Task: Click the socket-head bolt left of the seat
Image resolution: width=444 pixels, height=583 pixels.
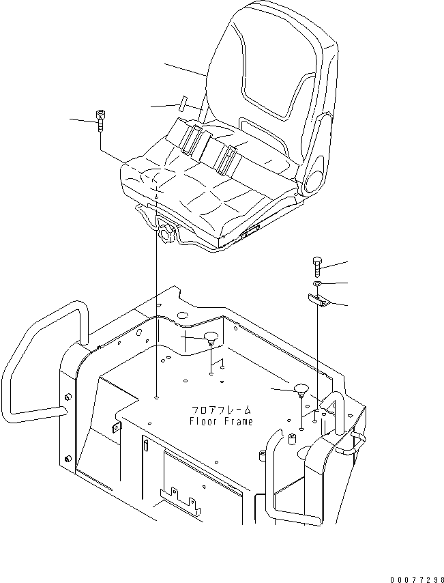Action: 101,121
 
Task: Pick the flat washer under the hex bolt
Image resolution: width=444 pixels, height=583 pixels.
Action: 318,283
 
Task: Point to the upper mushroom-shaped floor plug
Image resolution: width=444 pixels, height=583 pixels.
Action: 211,337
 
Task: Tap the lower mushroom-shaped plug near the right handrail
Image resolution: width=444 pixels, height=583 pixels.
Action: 301,390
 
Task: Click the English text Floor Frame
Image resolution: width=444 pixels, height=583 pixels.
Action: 220,421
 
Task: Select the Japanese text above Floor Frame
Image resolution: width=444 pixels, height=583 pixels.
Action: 221,410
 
